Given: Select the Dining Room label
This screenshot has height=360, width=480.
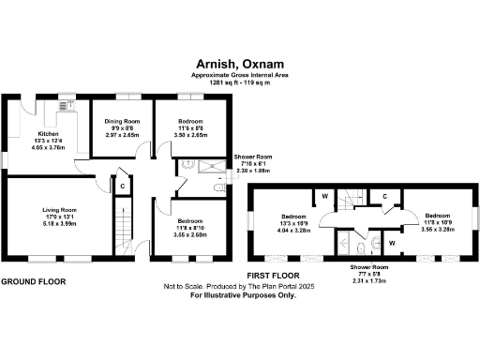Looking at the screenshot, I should pos(122,127).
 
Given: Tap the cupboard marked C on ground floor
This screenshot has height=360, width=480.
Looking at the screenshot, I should pos(123,186).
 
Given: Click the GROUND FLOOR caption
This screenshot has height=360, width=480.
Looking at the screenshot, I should pos(33,281).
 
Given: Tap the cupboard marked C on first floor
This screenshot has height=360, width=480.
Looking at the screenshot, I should pos(385,196).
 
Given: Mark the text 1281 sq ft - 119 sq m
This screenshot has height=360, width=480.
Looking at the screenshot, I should pos(239,83).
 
